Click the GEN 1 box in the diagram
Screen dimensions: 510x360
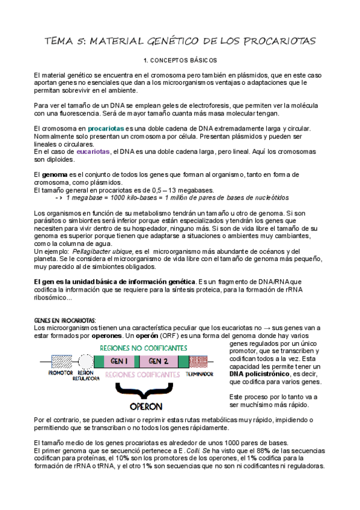pos(120,361)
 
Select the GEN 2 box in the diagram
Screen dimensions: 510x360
pos(157,361)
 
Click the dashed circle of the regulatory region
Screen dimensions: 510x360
pos(86,361)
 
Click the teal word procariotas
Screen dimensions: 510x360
pos(106,129)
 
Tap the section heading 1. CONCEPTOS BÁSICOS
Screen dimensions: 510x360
pos(180,61)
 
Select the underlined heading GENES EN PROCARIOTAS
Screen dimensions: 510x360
pos(65,319)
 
